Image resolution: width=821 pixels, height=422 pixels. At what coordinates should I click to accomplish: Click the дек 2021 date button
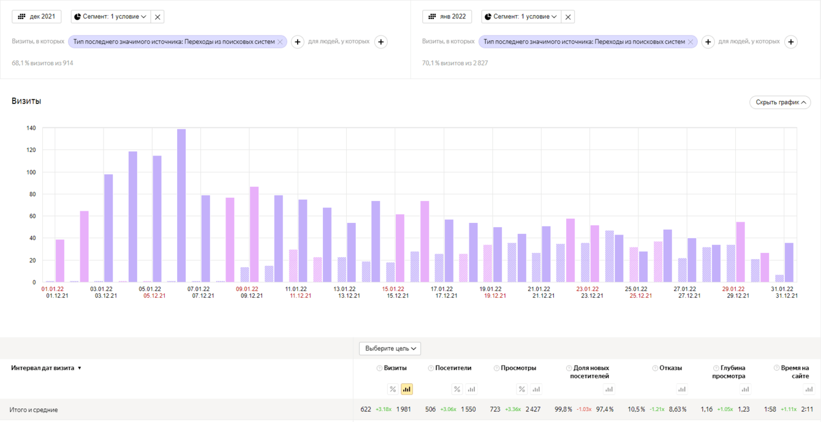37,17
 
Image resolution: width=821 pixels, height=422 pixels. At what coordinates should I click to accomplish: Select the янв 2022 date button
447,17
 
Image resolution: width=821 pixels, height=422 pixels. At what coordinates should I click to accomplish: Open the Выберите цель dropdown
390,349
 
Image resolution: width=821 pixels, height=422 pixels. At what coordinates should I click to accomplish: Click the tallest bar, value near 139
181,205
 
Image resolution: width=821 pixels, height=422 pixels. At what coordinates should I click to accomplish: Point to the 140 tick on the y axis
31,129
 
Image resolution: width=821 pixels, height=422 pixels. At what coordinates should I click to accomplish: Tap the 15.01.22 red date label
393,289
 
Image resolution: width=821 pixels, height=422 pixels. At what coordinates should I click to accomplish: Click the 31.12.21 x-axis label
786,296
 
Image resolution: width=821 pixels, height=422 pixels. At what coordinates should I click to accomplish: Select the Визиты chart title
26,101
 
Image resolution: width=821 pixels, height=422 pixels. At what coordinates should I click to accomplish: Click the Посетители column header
453,368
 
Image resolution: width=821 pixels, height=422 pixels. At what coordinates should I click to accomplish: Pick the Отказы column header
670,368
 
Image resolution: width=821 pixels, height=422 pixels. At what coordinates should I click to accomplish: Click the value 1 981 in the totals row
404,409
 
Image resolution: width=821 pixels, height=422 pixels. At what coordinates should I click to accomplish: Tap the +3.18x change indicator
384,409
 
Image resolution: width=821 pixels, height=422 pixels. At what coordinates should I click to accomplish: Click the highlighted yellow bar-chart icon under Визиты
406,390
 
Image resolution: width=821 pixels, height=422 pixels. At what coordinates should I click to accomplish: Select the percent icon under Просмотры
521,390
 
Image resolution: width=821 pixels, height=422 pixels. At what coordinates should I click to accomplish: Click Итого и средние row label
34,410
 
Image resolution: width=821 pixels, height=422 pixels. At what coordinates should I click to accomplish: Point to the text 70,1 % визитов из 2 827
455,63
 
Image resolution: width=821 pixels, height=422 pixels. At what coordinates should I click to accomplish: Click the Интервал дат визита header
43,368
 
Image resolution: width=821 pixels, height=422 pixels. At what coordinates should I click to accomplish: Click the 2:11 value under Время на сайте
807,409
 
